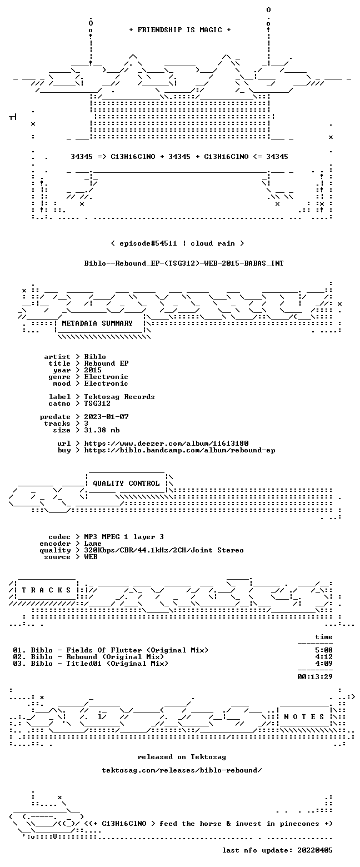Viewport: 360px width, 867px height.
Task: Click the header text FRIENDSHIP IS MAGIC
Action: pos(180,30)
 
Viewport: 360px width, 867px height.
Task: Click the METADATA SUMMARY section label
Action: pos(97,323)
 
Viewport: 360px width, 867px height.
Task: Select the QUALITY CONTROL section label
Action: pos(126,483)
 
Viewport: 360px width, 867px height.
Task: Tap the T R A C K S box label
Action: pos(47,590)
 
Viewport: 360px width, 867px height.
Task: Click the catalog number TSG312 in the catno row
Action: pos(97,403)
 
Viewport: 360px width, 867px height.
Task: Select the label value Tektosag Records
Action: pos(119,397)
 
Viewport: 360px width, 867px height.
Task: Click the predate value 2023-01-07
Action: pos(107,417)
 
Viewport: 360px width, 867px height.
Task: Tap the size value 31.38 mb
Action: pos(102,430)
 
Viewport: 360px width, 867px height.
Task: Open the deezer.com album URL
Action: pos(167,443)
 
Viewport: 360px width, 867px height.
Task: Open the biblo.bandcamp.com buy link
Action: pos(179,450)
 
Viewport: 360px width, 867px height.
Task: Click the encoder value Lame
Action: pos(93,544)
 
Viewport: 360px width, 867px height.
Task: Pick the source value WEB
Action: pos(91,556)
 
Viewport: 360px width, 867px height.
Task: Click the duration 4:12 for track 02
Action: pos(324,657)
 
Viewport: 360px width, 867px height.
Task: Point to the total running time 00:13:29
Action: pos(314,676)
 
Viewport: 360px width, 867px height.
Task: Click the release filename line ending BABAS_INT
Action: pos(184,263)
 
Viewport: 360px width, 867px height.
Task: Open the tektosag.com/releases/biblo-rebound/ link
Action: pos(182,770)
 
